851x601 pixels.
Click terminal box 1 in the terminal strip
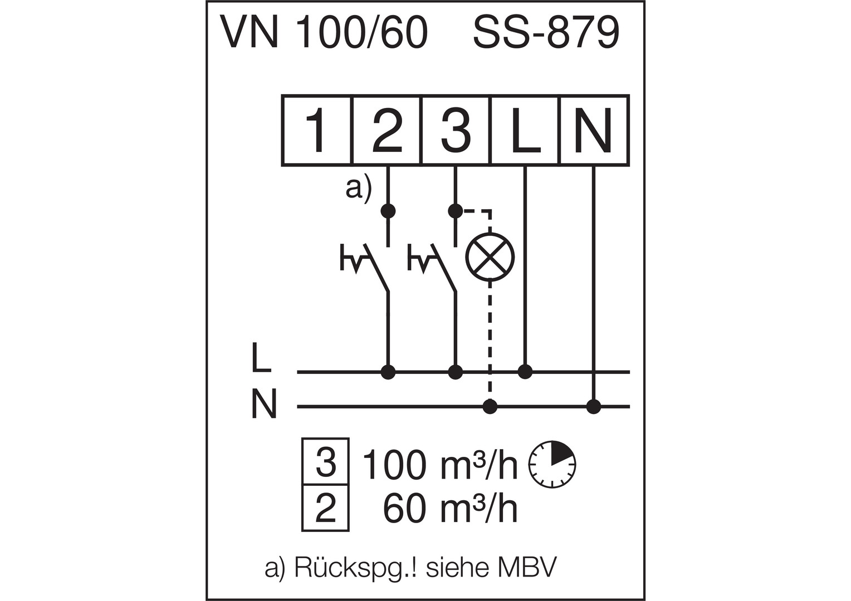pyautogui.click(x=317, y=131)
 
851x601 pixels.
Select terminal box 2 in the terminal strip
pyautogui.click(x=387, y=131)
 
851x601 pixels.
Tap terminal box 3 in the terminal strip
pyautogui.click(x=456, y=131)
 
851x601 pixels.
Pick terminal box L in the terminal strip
pyautogui.click(x=525, y=131)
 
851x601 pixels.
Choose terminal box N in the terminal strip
pyautogui.click(x=594, y=131)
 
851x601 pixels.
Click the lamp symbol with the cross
pyautogui.click(x=490, y=257)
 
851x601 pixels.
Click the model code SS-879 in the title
pyautogui.click(x=546, y=32)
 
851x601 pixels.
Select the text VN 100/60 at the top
pyautogui.click(x=325, y=32)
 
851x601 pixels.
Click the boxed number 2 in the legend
pyautogui.click(x=326, y=508)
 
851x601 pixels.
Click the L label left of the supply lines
pyautogui.click(x=261, y=358)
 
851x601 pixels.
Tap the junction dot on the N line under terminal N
pyautogui.click(x=594, y=407)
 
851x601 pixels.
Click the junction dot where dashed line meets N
pyautogui.click(x=490, y=407)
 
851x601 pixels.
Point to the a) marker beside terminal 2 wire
pyautogui.click(x=358, y=188)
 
